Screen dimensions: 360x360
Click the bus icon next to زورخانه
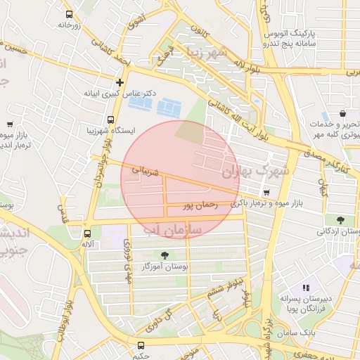pos(69,14)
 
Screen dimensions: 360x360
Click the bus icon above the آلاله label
pos(88,233)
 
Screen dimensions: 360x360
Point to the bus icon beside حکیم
pos(141,345)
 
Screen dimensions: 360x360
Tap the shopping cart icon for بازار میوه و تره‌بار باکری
pos(266,193)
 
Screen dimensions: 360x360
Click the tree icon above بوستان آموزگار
pos(165,255)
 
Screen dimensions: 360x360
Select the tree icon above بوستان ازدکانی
pos(340,220)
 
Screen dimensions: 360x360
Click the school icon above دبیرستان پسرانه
pos(306,288)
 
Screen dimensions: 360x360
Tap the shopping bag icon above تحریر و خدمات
pos(342,113)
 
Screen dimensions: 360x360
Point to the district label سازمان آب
pos(172,230)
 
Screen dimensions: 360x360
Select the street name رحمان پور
pos(198,206)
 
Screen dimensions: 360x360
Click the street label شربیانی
pos(146,171)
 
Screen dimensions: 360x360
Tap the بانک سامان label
pos(298,330)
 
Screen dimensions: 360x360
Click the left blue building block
pos(141,104)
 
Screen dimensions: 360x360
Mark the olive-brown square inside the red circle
pos(187,131)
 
